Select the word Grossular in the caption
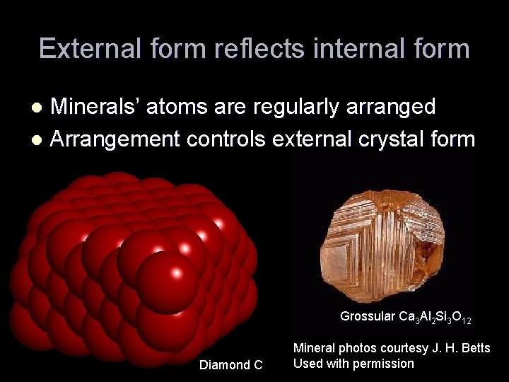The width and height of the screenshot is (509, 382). (367, 316)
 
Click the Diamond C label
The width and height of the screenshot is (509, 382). (230, 365)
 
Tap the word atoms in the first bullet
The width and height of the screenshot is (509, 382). (192, 108)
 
